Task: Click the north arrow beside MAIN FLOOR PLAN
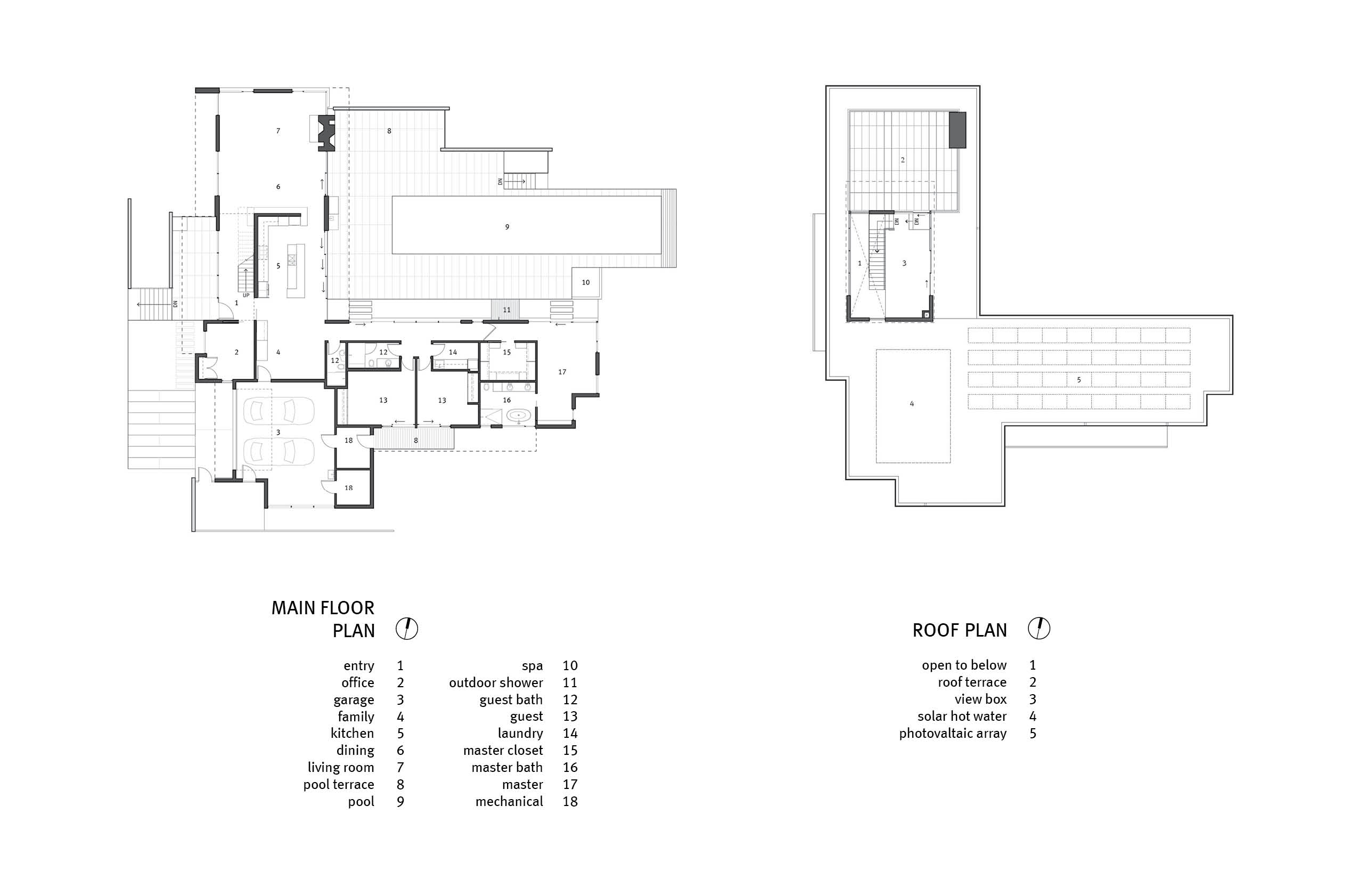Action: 407,629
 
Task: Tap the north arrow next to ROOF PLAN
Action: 1039,629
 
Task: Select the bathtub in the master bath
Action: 518,416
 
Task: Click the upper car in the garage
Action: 279,411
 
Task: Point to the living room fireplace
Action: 326,133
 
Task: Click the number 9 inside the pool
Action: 507,227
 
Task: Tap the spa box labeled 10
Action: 586,282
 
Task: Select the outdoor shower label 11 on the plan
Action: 506,310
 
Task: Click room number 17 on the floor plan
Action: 562,372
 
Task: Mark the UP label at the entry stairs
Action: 246,296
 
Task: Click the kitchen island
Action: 296,271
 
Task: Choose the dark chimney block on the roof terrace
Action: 958,130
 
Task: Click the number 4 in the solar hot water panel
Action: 912,404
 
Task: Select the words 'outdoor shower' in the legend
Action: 496,682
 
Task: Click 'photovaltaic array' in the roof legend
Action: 953,734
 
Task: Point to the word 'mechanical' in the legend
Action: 509,801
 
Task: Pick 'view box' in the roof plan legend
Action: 981,699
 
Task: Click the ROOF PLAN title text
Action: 960,630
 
